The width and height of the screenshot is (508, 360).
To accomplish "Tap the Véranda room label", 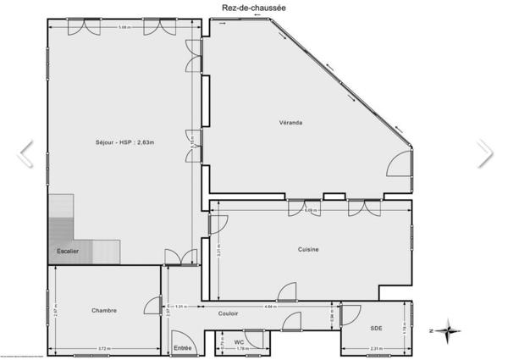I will coord(291,123).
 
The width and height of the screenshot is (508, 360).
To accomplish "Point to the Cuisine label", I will coord(308,248).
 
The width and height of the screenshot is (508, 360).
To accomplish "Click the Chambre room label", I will coord(104,310).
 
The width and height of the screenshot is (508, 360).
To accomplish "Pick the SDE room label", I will coord(376,328).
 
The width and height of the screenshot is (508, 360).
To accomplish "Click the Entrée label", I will coord(183,347).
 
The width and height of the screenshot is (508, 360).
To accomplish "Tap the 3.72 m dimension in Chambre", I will coord(104,348).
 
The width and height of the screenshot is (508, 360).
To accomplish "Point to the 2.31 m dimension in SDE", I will coord(376,349).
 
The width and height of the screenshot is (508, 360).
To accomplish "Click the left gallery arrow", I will coord(25,152).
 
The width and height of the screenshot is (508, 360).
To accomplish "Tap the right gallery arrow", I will coord(483,152).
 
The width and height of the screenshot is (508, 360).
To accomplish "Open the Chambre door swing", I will coord(152,307).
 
